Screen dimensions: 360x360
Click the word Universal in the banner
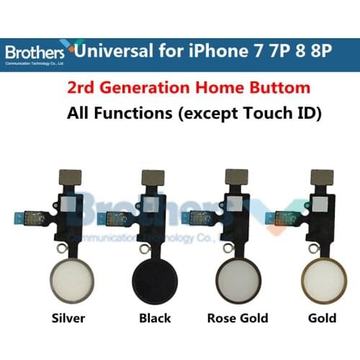click(119, 51)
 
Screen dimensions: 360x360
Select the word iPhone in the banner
click(219, 51)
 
